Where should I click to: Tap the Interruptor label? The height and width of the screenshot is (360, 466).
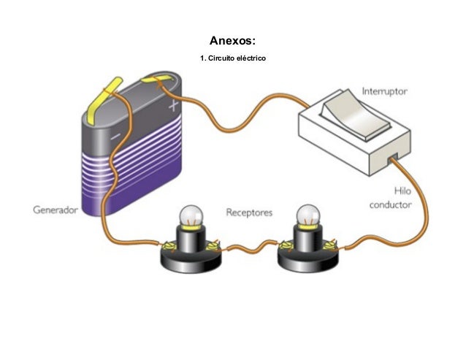[385, 93]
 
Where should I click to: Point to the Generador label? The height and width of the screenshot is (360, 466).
[55, 210]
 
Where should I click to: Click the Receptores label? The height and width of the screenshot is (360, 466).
[249, 212]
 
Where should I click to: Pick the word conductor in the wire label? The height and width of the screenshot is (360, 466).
[390, 205]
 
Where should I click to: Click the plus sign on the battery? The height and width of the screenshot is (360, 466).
[173, 106]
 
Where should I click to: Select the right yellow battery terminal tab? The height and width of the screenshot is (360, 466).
[156, 78]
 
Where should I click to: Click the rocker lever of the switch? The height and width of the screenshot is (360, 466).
[348, 114]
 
